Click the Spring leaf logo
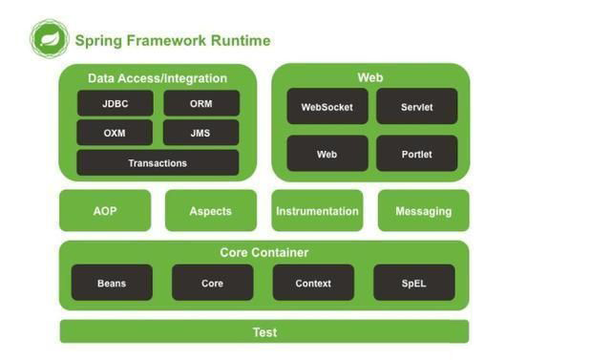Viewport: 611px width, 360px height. coord(49,39)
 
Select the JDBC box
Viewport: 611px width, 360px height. coord(115,103)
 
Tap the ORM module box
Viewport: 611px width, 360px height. coord(200,103)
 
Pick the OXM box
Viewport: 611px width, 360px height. coord(115,133)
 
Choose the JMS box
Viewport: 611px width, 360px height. coord(200,133)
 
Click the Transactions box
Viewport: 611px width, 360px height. coord(158,163)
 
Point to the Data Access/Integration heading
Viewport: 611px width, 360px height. coord(158,78)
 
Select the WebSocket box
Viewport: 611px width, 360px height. coord(327,107)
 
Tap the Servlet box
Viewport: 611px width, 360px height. coord(416,107)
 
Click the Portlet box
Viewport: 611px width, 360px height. coord(416,154)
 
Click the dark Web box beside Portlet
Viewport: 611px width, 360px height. coord(327,154)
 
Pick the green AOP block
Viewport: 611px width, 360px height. coord(105,211)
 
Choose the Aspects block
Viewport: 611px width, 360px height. coord(211,211)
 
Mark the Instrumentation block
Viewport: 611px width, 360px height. coord(317,211)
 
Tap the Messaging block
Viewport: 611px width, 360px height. coord(423,211)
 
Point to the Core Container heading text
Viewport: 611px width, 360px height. coord(264,253)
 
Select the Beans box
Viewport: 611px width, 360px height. coord(112,284)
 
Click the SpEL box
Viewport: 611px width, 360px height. coord(413,284)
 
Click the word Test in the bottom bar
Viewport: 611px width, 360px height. coord(264,332)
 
